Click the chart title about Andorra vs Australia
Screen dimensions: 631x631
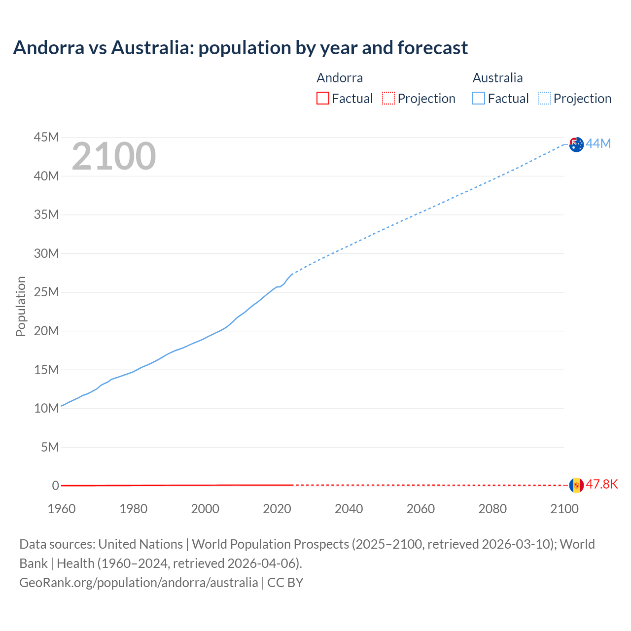[x=240, y=48]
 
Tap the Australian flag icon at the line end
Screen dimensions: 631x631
[x=576, y=144]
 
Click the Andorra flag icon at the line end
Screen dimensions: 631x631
[x=576, y=485]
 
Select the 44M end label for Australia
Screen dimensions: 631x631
[x=598, y=143]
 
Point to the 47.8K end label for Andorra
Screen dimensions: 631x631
[x=601, y=485]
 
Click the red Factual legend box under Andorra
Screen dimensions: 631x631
[x=322, y=99]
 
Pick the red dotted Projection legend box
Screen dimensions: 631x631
[x=388, y=99]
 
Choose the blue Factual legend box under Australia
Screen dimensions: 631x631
[x=478, y=99]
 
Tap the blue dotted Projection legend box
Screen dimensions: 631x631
[x=544, y=99]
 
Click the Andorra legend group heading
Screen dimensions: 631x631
[x=340, y=78]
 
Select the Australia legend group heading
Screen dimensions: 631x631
[x=497, y=78]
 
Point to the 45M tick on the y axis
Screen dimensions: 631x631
[x=46, y=137]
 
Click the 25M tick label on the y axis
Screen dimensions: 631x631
[x=46, y=292]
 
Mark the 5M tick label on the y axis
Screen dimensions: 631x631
[x=49, y=447]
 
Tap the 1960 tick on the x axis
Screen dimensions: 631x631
[x=62, y=509]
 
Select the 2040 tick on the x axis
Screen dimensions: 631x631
[x=349, y=509]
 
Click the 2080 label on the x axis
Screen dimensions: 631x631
[x=492, y=509]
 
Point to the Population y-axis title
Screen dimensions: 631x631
[x=21, y=306]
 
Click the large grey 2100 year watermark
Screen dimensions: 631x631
[x=114, y=156]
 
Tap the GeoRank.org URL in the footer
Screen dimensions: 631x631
[x=139, y=582]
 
